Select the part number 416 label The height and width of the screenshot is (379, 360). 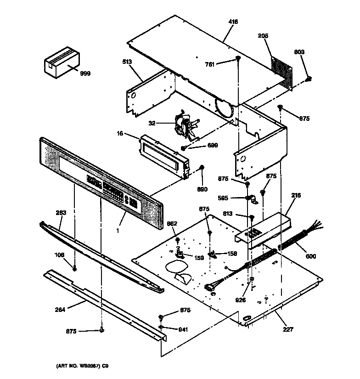[x=234, y=22]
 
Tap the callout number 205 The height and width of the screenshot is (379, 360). [x=263, y=36]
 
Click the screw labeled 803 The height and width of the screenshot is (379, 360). [x=309, y=79]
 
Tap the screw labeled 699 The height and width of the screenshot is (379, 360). [x=184, y=148]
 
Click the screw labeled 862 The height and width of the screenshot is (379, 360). [x=178, y=240]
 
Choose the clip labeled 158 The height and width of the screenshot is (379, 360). [x=212, y=253]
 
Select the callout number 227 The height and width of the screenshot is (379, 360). [x=288, y=329]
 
